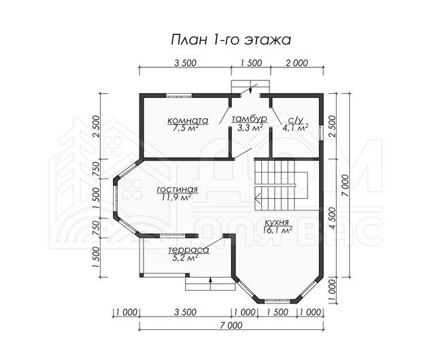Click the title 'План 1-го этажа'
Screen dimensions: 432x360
231,40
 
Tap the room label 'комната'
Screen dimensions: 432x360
188,120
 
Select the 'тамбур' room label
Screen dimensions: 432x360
250,119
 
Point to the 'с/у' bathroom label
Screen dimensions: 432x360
295,120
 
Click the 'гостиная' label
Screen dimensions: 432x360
178,190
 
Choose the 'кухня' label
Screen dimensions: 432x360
276,223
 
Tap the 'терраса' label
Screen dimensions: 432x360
188,250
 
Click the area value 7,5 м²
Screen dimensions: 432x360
186,128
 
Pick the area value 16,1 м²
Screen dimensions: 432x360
278,231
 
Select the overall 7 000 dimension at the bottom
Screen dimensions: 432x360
231,325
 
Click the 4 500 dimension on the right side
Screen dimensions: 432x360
333,218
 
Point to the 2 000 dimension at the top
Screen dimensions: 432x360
297,63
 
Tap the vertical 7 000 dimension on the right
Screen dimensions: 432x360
346,185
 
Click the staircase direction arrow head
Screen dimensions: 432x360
258,197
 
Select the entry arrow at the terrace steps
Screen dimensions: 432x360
210,280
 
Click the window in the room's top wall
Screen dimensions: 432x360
179,96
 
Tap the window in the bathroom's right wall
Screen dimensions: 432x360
321,133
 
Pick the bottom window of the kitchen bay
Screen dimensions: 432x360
277,301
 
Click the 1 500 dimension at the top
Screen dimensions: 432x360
251,63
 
